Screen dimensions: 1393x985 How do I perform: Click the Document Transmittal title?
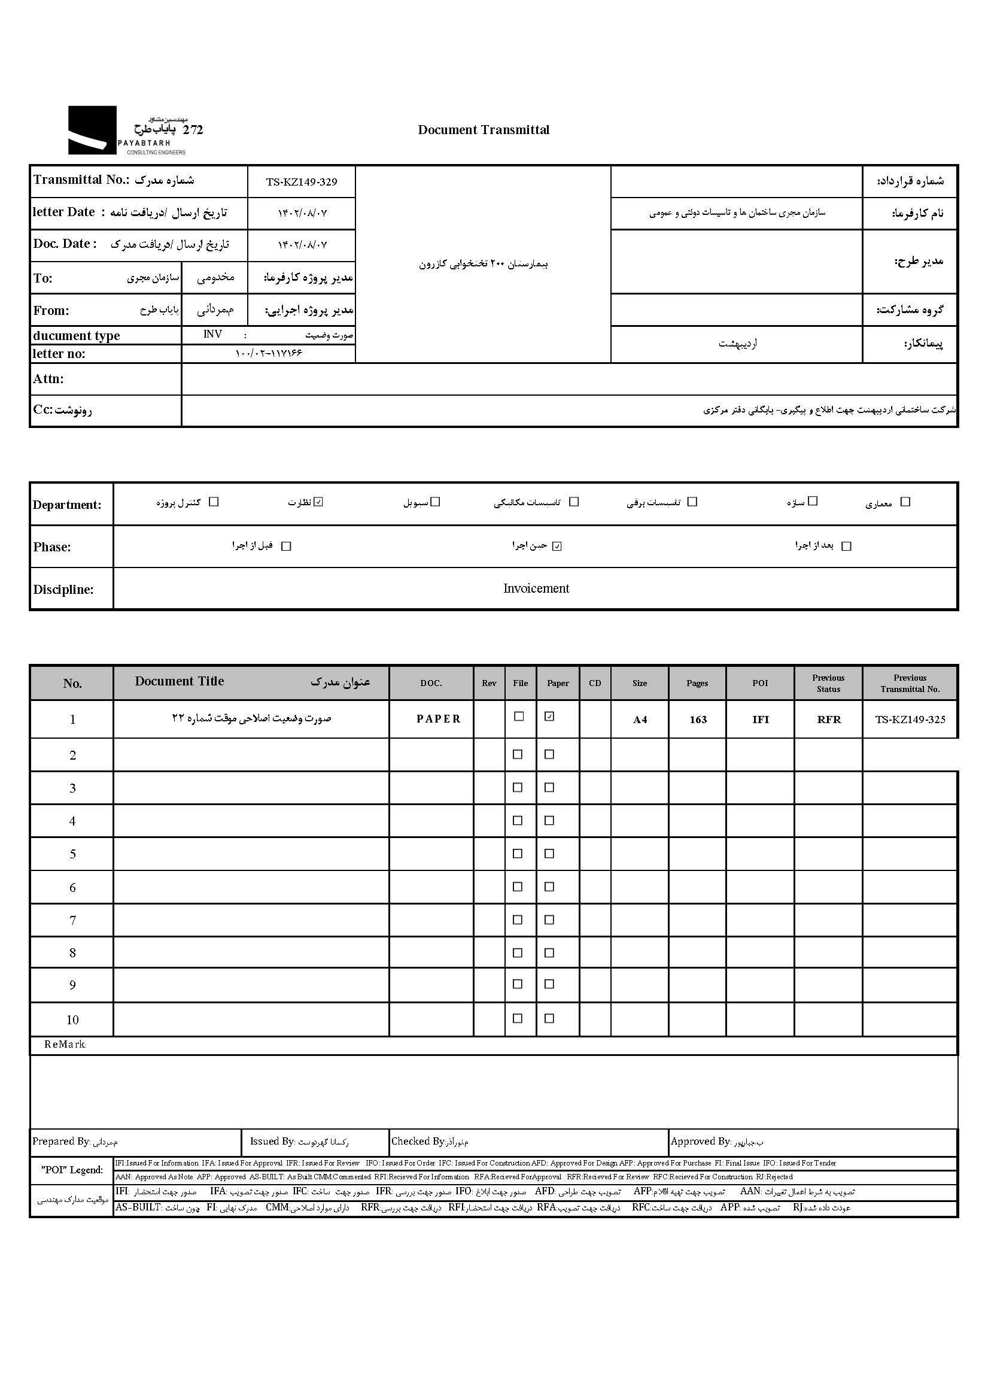coord(484,130)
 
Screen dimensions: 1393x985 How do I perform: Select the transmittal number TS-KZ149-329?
coord(302,182)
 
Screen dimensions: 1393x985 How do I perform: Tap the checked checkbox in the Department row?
coord(319,502)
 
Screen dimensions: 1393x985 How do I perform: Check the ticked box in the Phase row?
coord(557,546)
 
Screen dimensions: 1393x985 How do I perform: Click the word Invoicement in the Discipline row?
coord(536,588)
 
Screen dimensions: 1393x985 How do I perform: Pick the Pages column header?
coord(697,683)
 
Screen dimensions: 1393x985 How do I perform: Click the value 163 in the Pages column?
coord(698,720)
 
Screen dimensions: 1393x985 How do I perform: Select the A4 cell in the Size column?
coord(640,720)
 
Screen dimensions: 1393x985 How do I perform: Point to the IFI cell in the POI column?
coord(760,720)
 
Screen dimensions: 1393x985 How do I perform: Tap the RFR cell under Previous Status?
coord(829,720)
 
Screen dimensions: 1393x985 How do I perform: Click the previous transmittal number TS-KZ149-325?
coord(910,720)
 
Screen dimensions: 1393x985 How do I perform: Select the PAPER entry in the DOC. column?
coord(438,719)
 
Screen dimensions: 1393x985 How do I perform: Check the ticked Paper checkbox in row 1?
coord(549,717)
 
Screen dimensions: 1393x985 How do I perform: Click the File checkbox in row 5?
coord(518,854)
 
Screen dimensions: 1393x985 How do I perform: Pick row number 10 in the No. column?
coord(72,1020)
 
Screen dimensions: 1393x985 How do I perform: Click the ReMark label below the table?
coord(65,1045)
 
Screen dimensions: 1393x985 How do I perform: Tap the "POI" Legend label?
coord(72,1170)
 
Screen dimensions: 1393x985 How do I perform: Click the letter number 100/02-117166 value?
coord(268,354)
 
